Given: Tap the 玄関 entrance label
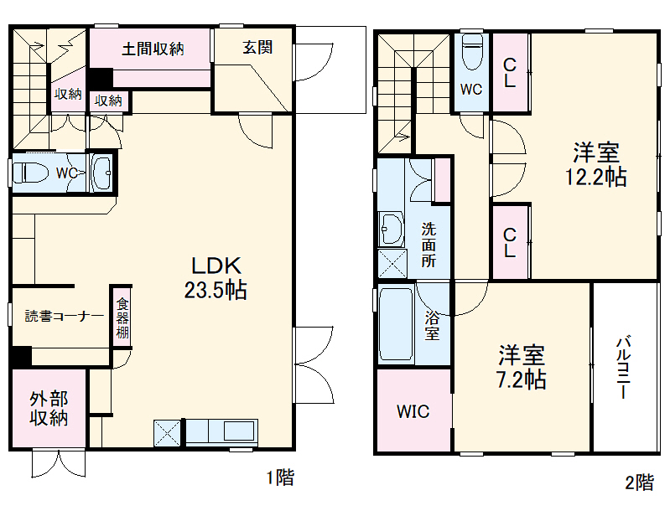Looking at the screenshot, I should coord(257,48).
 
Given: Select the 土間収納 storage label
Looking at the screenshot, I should coord(152,49).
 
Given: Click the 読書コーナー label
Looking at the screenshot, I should coord(64,317).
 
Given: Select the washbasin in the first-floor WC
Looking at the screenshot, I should coord(102,174).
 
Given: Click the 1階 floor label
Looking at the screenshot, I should coord(280,478).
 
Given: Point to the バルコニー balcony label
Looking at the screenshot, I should coord(624,368).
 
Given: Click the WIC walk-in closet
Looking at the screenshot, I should coord(413,412).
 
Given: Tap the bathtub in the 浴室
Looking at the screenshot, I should coord(394,324).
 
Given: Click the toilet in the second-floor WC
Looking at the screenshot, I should coord(473,52).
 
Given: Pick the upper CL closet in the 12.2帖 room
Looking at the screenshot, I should coord(510,72).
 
